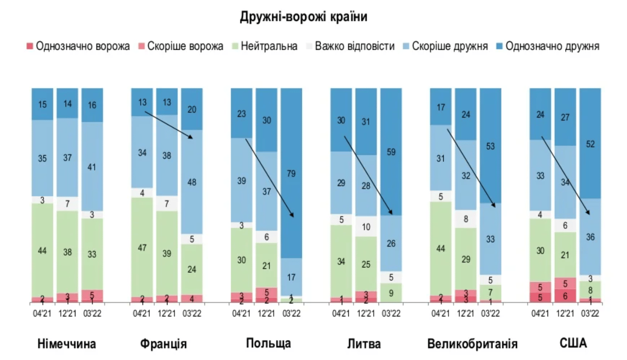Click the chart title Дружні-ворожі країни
click(304, 17)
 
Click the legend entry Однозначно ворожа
click(78, 46)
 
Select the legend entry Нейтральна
click(265, 46)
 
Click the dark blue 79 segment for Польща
click(291, 173)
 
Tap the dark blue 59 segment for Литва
click(391, 151)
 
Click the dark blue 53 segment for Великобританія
click(491, 146)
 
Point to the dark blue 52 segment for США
click(590, 143)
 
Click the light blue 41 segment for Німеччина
click(92, 166)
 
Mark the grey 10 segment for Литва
click(366, 227)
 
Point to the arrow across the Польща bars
click(269, 178)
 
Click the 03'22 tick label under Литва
click(391, 314)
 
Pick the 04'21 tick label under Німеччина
click(42, 314)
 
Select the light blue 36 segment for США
click(590, 237)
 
